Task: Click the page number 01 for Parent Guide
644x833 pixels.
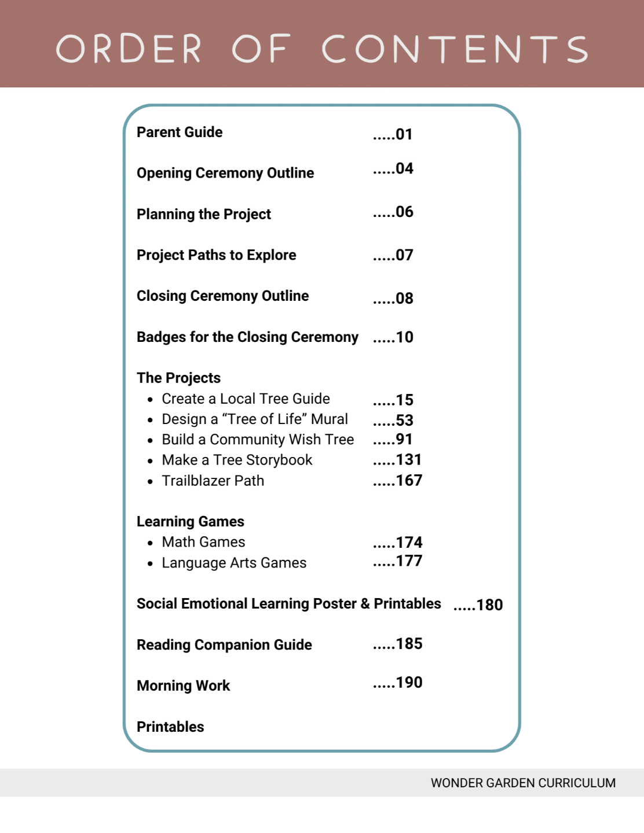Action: coord(404,135)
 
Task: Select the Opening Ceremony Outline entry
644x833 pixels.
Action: coord(225,173)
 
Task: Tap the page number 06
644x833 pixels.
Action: coord(404,212)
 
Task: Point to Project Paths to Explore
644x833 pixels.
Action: coord(216,255)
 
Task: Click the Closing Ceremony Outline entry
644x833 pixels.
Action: coord(222,296)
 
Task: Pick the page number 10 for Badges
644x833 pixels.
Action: coord(404,337)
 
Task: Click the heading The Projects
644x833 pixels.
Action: coord(178,378)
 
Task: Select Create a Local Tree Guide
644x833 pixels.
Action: coord(246,399)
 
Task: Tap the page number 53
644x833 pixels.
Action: coord(404,421)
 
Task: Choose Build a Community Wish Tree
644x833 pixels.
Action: coord(258,440)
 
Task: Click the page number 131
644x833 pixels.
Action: coord(408,460)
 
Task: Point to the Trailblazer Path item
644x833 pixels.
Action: coord(213,481)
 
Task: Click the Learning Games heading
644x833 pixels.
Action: coord(190,522)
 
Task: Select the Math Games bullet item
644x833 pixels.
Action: coord(203,542)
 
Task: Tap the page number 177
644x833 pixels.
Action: coord(408,561)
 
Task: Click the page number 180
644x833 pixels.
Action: coord(489,605)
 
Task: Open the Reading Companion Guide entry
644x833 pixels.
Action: coord(224,645)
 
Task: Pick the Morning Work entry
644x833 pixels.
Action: coord(183,686)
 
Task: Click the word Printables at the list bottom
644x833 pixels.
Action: coord(170,727)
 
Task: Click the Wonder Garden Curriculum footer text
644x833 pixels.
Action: coord(523,783)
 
